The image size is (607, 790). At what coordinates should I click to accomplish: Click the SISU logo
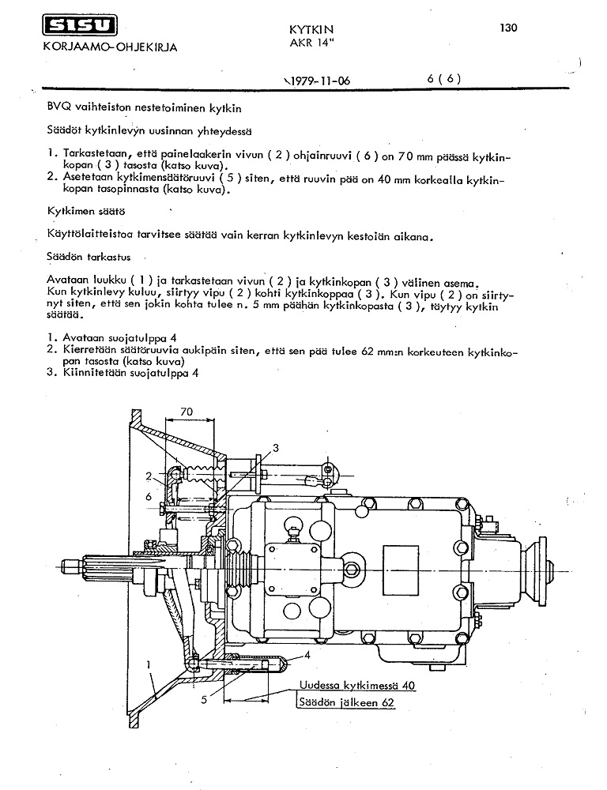point(77,28)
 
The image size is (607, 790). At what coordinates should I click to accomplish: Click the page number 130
point(508,28)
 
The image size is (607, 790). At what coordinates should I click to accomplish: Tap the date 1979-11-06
point(316,79)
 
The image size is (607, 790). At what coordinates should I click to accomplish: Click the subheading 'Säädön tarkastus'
point(87,257)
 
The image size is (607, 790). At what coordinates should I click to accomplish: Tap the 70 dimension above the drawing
point(187,412)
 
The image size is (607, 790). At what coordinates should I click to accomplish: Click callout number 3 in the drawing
point(275,448)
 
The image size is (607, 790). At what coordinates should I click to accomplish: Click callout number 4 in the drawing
point(306,655)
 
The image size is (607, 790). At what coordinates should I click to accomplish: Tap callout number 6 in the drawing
point(149,495)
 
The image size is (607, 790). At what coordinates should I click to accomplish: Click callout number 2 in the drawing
point(148,476)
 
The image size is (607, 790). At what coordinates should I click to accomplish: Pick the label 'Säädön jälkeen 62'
point(346,702)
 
